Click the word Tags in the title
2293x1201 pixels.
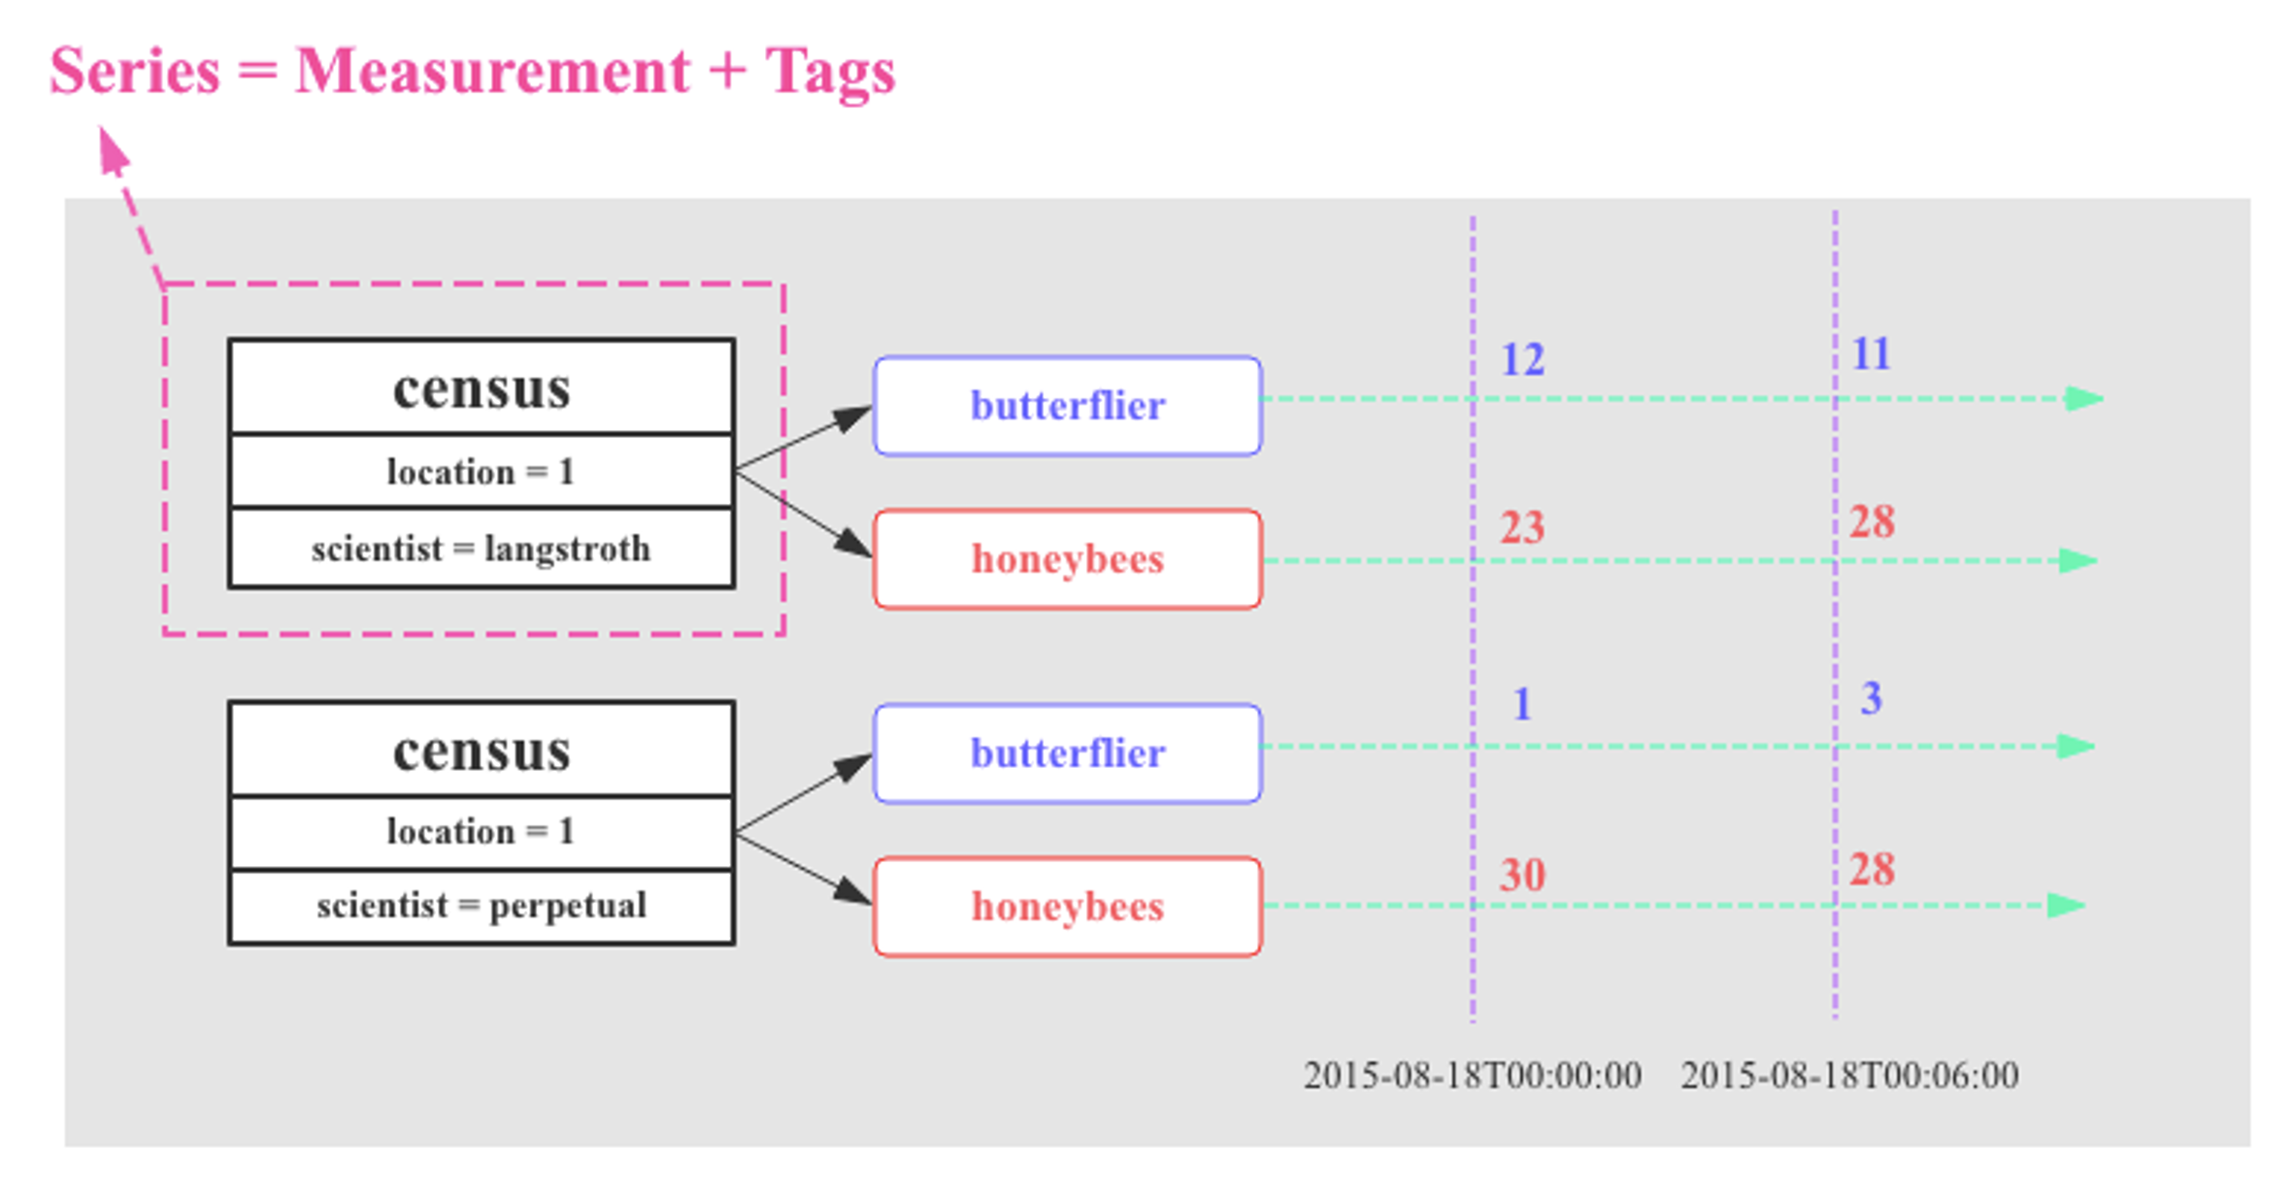click(x=830, y=72)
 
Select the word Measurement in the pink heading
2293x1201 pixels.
click(x=492, y=71)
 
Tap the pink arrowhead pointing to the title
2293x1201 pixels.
click(x=113, y=152)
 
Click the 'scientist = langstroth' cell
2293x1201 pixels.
click(x=482, y=549)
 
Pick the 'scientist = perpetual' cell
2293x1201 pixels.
click(x=482, y=906)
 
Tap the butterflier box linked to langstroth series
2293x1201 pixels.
click(x=1068, y=406)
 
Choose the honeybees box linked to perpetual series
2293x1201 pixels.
click(x=1068, y=907)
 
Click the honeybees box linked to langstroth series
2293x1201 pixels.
click(x=1068, y=559)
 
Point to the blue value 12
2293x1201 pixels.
click(x=1522, y=359)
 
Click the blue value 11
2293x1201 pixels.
click(x=1872, y=353)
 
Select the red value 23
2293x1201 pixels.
click(x=1522, y=527)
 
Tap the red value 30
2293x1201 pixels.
click(x=1522, y=875)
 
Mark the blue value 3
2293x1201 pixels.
click(x=1872, y=698)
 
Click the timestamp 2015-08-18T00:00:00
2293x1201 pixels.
click(x=1473, y=1076)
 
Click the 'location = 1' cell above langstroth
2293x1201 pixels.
click(x=482, y=472)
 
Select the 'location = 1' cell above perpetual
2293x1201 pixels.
click(x=482, y=832)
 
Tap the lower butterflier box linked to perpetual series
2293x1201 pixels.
click(x=1068, y=753)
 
